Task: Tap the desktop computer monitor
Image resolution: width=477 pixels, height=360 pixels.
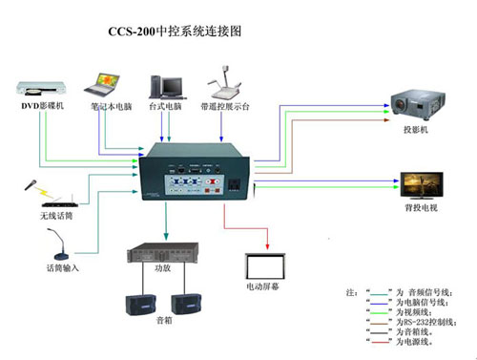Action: coord(164,78)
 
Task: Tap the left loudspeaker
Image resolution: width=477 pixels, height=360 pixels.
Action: coord(138,305)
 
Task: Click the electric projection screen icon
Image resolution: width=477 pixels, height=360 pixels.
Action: coord(266,265)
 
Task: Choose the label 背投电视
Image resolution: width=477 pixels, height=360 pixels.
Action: coord(420,207)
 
